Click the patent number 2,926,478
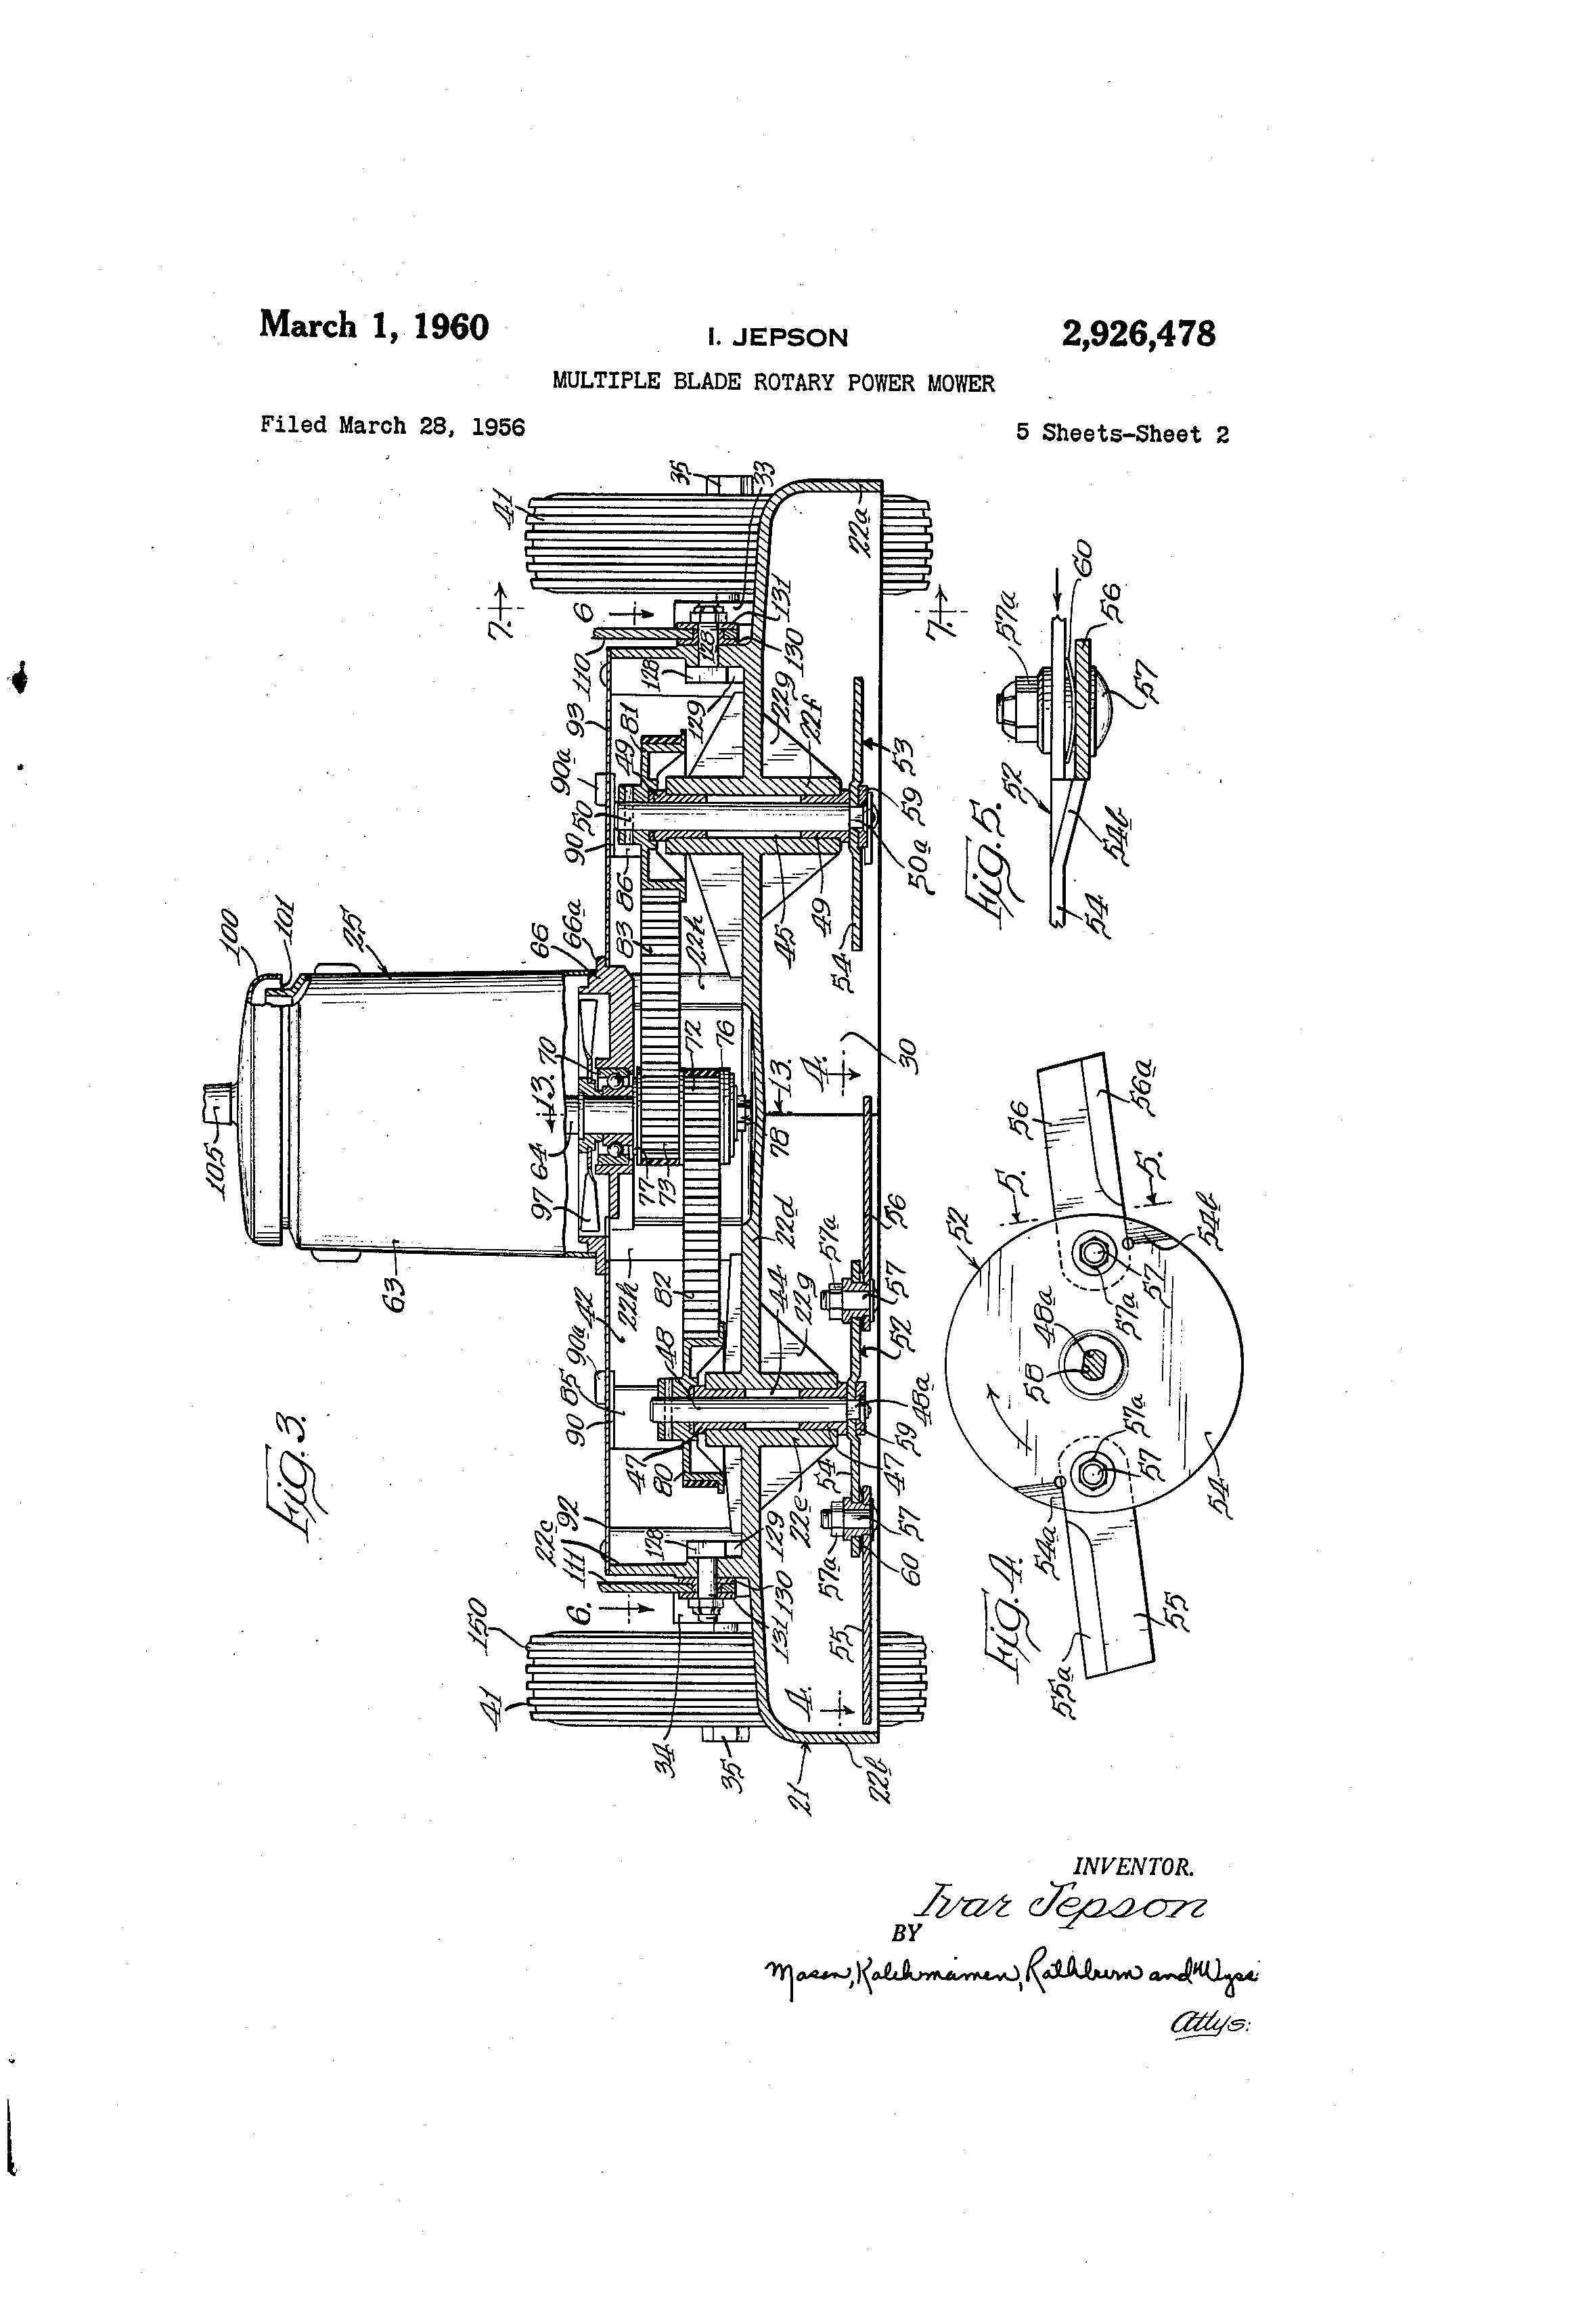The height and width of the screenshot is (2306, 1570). click(1138, 334)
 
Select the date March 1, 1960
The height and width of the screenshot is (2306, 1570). click(374, 325)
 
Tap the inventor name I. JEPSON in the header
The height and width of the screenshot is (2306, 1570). click(777, 338)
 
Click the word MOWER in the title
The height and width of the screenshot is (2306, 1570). click(961, 383)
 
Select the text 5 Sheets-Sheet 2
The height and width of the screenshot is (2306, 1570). click(1121, 434)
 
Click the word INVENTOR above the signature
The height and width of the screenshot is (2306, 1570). click(1134, 1866)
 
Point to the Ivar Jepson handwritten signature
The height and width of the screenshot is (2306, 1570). click(1064, 1906)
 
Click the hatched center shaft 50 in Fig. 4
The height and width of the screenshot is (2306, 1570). click(1094, 1366)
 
